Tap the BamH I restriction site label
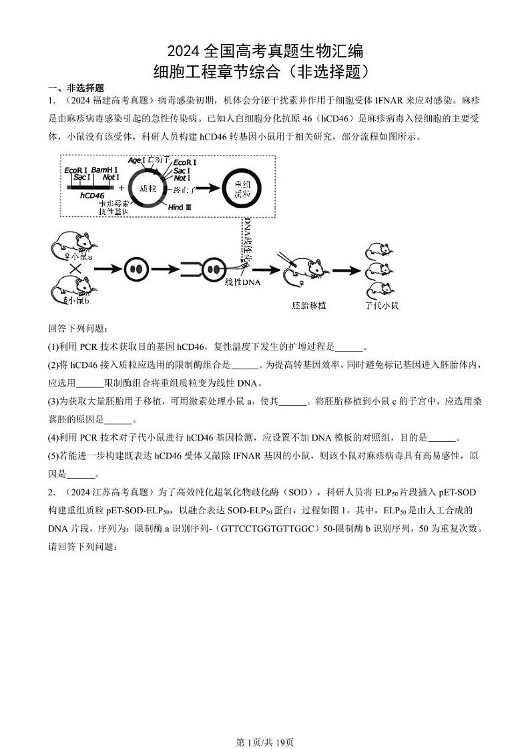point(105,170)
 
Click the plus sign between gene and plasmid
point(121,189)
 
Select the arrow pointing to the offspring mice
point(346,270)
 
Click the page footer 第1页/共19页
point(265,723)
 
